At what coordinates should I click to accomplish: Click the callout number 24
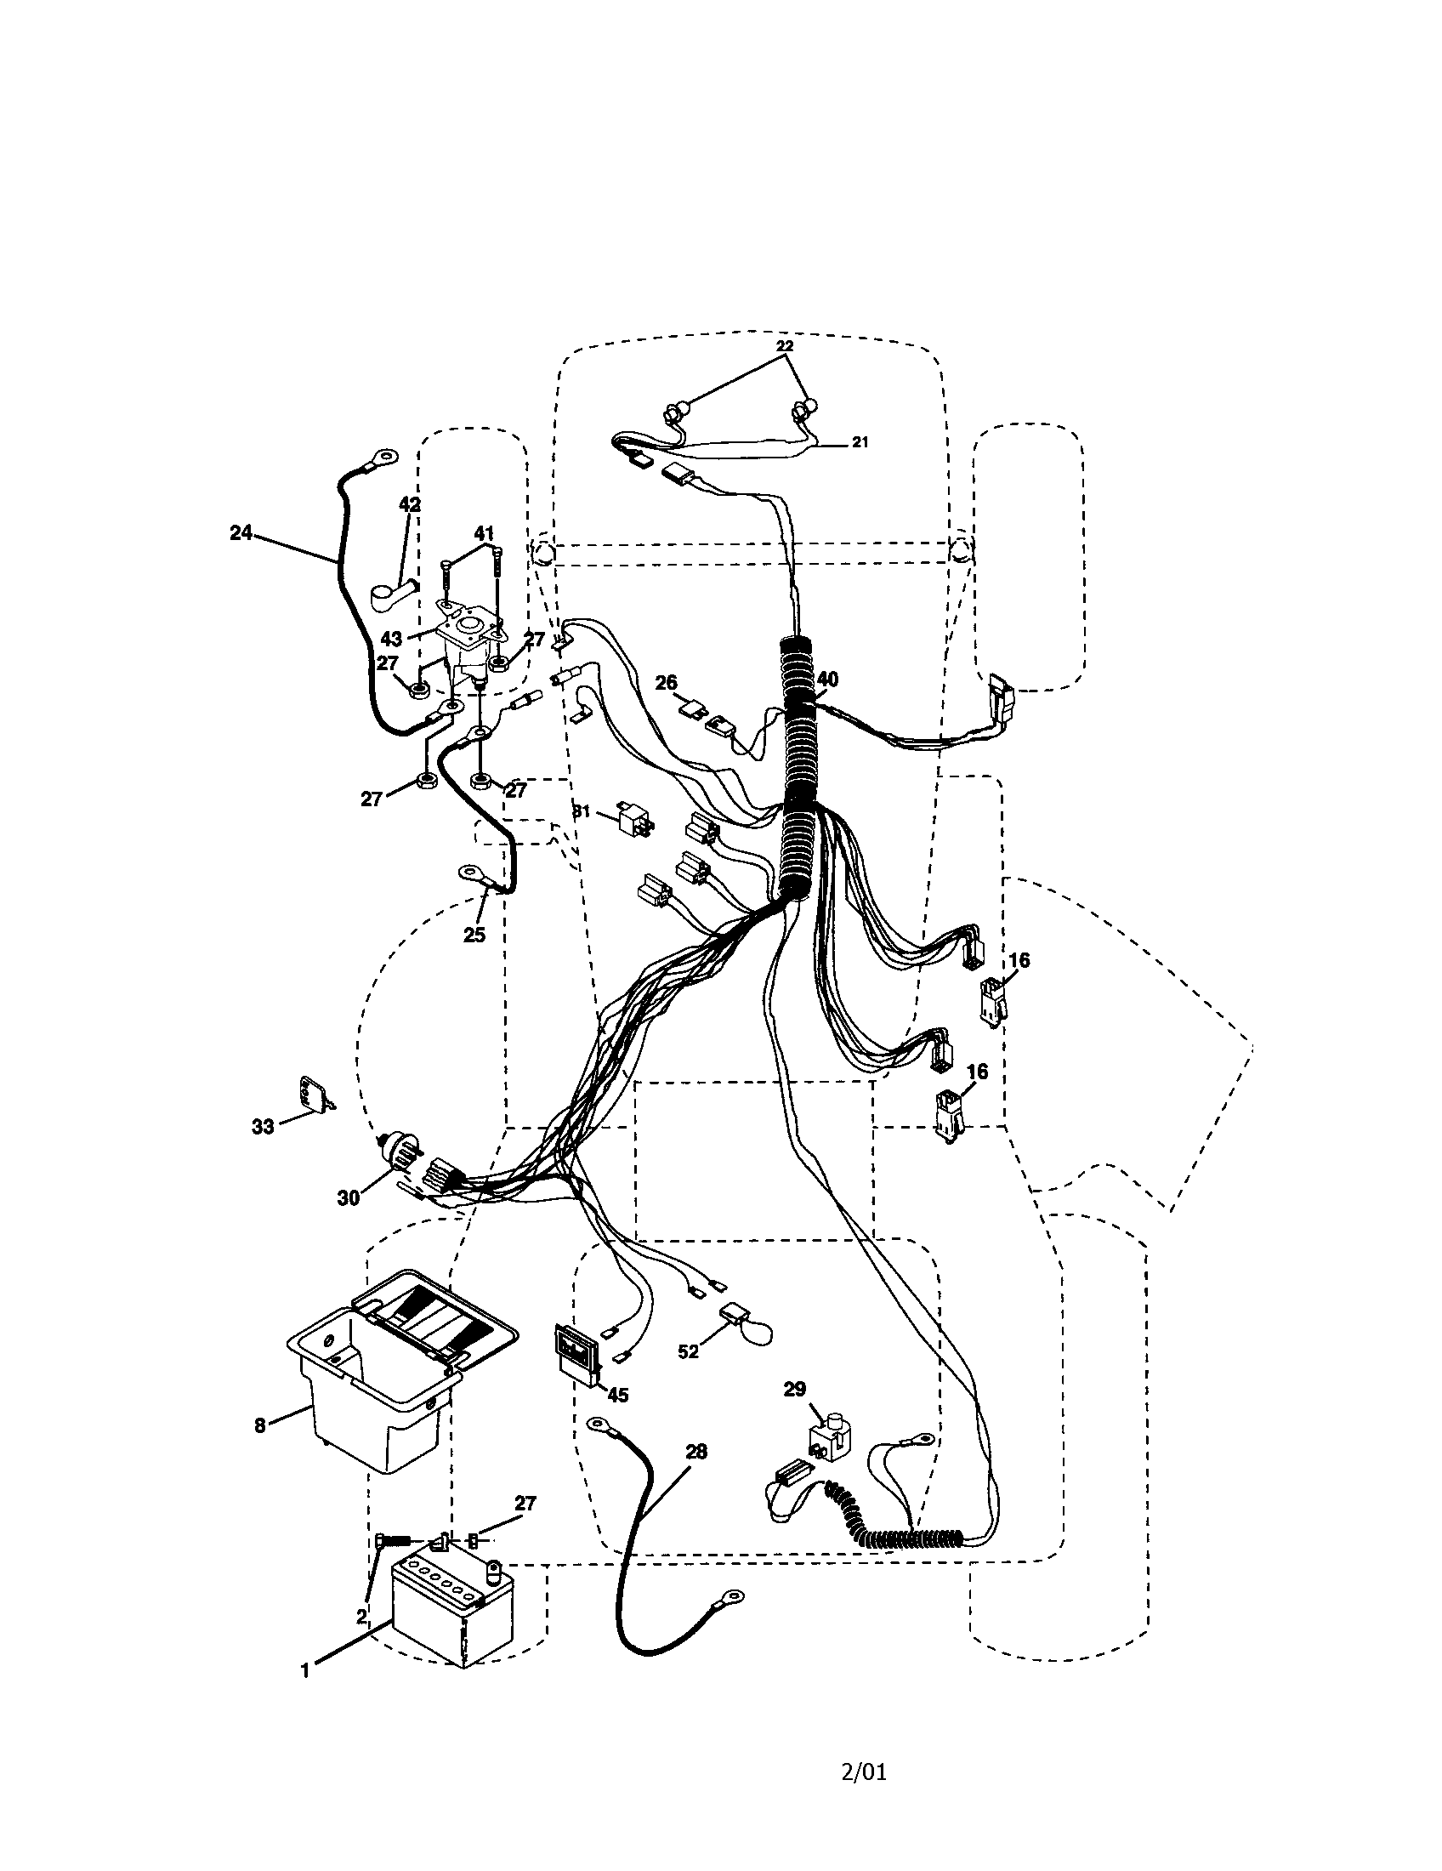tap(241, 532)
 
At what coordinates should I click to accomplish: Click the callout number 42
tap(410, 504)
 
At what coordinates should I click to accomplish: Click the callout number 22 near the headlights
tap(785, 346)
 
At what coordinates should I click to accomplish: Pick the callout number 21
tap(860, 442)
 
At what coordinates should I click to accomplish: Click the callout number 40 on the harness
tap(827, 680)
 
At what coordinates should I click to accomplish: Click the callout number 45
tap(617, 1395)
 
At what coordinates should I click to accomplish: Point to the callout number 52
tap(689, 1352)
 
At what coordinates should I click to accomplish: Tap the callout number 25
tap(474, 935)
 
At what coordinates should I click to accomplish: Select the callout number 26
tap(667, 683)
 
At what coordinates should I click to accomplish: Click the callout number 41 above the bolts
tap(484, 534)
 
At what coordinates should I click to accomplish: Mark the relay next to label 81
tap(634, 820)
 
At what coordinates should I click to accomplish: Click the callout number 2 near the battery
tap(362, 1615)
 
